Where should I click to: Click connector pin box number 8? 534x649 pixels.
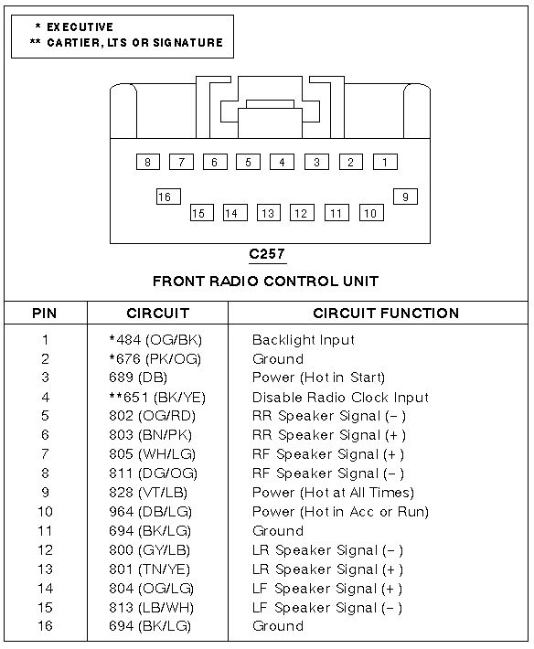(x=148, y=162)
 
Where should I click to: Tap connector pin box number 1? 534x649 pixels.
(x=385, y=162)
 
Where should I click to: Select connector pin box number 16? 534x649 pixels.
(x=168, y=197)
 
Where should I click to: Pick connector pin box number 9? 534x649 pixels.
(x=405, y=197)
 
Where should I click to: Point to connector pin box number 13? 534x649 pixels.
(x=268, y=213)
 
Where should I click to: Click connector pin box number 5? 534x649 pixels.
(x=248, y=162)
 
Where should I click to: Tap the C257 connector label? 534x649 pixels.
(x=267, y=253)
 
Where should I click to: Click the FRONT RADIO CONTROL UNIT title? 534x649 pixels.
(x=266, y=282)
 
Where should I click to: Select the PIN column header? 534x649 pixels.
(x=44, y=314)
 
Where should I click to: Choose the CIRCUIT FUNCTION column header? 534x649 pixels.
(x=386, y=314)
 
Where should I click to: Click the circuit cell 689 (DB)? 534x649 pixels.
(x=138, y=378)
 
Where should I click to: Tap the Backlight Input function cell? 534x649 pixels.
(x=304, y=340)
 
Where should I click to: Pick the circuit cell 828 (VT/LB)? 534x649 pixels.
(x=148, y=493)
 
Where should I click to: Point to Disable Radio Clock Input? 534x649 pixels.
(x=340, y=398)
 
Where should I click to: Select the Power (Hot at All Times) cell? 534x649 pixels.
(x=333, y=493)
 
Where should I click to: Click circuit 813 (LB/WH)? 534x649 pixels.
(x=151, y=608)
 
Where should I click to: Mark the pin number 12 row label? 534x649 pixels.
(x=45, y=550)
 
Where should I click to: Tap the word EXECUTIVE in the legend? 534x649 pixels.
(x=80, y=27)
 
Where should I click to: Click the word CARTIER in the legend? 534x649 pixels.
(x=73, y=43)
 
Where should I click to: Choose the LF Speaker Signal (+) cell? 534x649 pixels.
(x=327, y=589)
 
